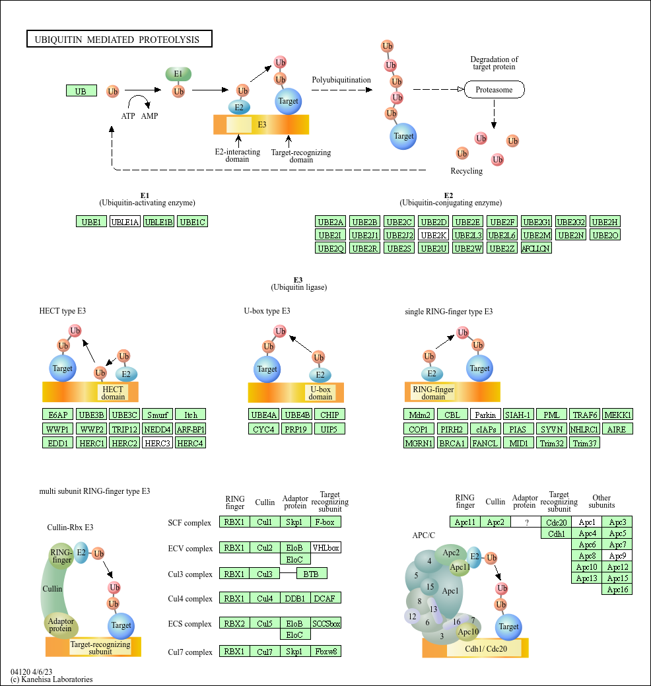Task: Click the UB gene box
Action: [x=81, y=91]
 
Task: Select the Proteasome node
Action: [x=494, y=89]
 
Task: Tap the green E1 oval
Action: [x=178, y=74]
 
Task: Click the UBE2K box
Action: [x=433, y=235]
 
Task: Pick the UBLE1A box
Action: [x=125, y=222]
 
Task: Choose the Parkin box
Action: [x=485, y=415]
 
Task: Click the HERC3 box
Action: [x=157, y=442]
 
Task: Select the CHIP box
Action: [x=329, y=415]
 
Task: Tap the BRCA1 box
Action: [x=452, y=442]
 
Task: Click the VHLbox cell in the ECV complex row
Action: [x=325, y=547]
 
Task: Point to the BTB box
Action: [x=311, y=574]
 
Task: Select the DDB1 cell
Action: [x=295, y=598]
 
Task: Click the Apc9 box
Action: [x=618, y=555]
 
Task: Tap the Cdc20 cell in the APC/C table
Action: [x=557, y=522]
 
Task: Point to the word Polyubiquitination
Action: [x=341, y=80]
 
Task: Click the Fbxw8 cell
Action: [x=325, y=651]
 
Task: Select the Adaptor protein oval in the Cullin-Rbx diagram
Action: [x=61, y=624]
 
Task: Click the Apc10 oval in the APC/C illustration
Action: [x=468, y=632]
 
